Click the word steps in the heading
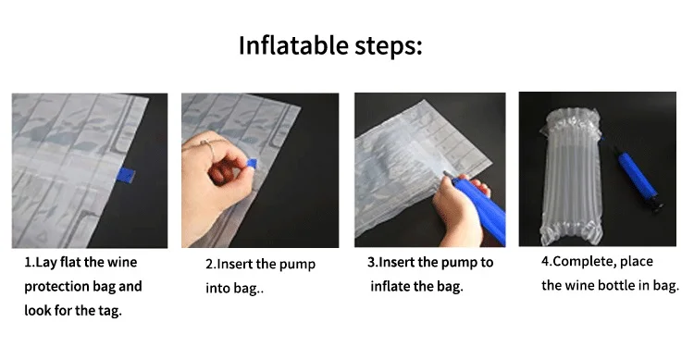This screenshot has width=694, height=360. pyautogui.click(x=385, y=46)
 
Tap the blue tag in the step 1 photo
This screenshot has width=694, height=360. pyautogui.click(x=125, y=176)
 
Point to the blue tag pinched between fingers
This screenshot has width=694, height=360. pyautogui.click(x=251, y=165)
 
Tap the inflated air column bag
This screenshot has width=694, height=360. pyautogui.click(x=571, y=177)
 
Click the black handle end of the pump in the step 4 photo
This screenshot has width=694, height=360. pyautogui.click(x=656, y=204)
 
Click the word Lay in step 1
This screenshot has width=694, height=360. pyautogui.click(x=46, y=263)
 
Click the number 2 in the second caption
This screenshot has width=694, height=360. pyautogui.click(x=209, y=265)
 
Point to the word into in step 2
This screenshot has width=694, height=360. pyautogui.click(x=217, y=288)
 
